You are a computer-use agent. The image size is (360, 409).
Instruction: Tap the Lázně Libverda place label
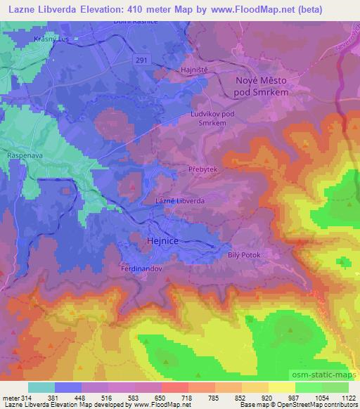(179, 200)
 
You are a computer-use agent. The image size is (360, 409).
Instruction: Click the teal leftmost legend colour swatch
(41, 387)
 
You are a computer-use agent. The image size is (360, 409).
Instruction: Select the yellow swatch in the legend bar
(283, 387)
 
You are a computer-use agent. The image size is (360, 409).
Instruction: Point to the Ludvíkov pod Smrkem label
(209, 118)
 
